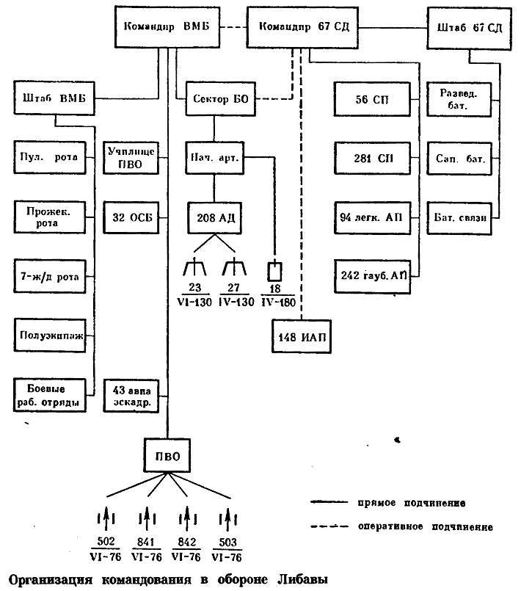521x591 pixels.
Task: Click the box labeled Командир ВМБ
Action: (x=167, y=26)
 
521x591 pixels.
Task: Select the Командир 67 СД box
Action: (x=302, y=27)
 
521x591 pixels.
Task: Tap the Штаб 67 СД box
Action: (x=469, y=28)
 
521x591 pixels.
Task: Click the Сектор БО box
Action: (x=220, y=99)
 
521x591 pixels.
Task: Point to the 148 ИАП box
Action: (x=302, y=336)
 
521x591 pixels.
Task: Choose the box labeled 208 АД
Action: (x=215, y=218)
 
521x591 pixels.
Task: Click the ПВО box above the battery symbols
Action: (x=167, y=456)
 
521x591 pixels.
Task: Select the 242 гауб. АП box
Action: (x=372, y=276)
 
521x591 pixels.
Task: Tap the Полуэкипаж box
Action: (x=50, y=336)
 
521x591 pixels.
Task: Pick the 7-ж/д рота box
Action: (x=50, y=276)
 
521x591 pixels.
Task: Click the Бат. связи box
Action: (x=459, y=218)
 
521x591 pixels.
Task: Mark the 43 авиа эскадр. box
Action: (x=131, y=396)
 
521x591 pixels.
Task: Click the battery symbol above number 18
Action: (x=274, y=271)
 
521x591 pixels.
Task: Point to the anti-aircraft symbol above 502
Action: (x=106, y=518)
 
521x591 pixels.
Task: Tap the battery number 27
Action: (x=233, y=288)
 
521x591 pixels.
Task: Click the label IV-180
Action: (x=278, y=302)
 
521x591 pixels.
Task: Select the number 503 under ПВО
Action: (x=227, y=542)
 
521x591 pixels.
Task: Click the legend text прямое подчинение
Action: (x=412, y=503)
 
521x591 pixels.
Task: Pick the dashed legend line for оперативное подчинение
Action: (x=329, y=526)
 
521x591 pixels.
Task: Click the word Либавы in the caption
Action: (x=302, y=579)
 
